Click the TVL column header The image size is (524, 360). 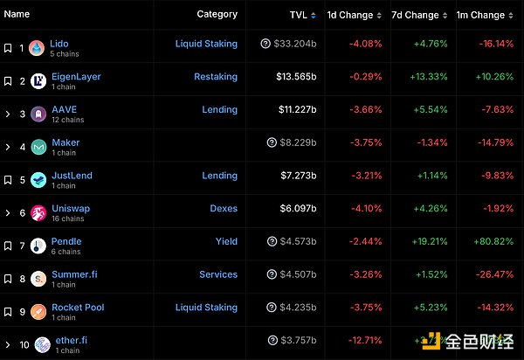coord(298,15)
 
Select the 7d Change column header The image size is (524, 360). coord(415,15)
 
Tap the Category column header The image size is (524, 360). coord(217,14)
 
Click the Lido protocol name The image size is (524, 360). coord(59,44)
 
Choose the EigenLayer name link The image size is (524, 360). coord(76,77)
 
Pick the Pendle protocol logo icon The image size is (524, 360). coord(38,246)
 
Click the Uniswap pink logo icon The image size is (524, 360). coord(38,212)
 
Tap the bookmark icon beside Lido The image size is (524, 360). coord(8,48)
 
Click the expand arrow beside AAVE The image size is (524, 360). coord(8,114)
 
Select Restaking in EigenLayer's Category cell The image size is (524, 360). coord(215,77)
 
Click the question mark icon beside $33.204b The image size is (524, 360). coord(265,44)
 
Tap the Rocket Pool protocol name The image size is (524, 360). coord(78,308)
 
